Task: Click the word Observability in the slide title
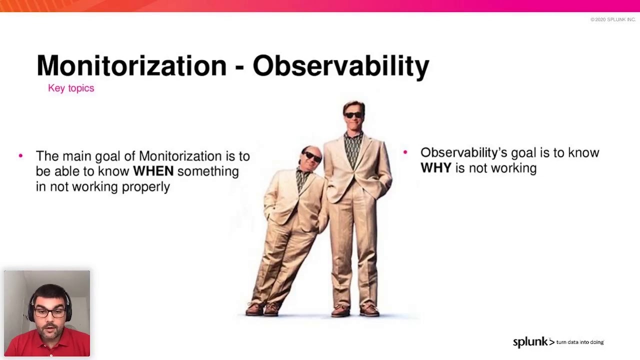(x=341, y=66)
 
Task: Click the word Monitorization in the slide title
(x=131, y=65)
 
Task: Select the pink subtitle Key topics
(x=71, y=88)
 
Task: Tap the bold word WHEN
(x=153, y=171)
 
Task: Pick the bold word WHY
(x=436, y=167)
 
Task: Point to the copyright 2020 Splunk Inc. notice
(x=613, y=19)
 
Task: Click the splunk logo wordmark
(x=533, y=342)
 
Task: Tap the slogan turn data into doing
(x=580, y=342)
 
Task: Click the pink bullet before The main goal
(x=20, y=155)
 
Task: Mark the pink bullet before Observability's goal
(x=405, y=152)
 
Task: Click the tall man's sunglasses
(x=353, y=115)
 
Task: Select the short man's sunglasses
(x=312, y=156)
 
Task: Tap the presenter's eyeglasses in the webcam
(x=49, y=313)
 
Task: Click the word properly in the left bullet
(x=146, y=187)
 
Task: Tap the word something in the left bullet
(x=208, y=171)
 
